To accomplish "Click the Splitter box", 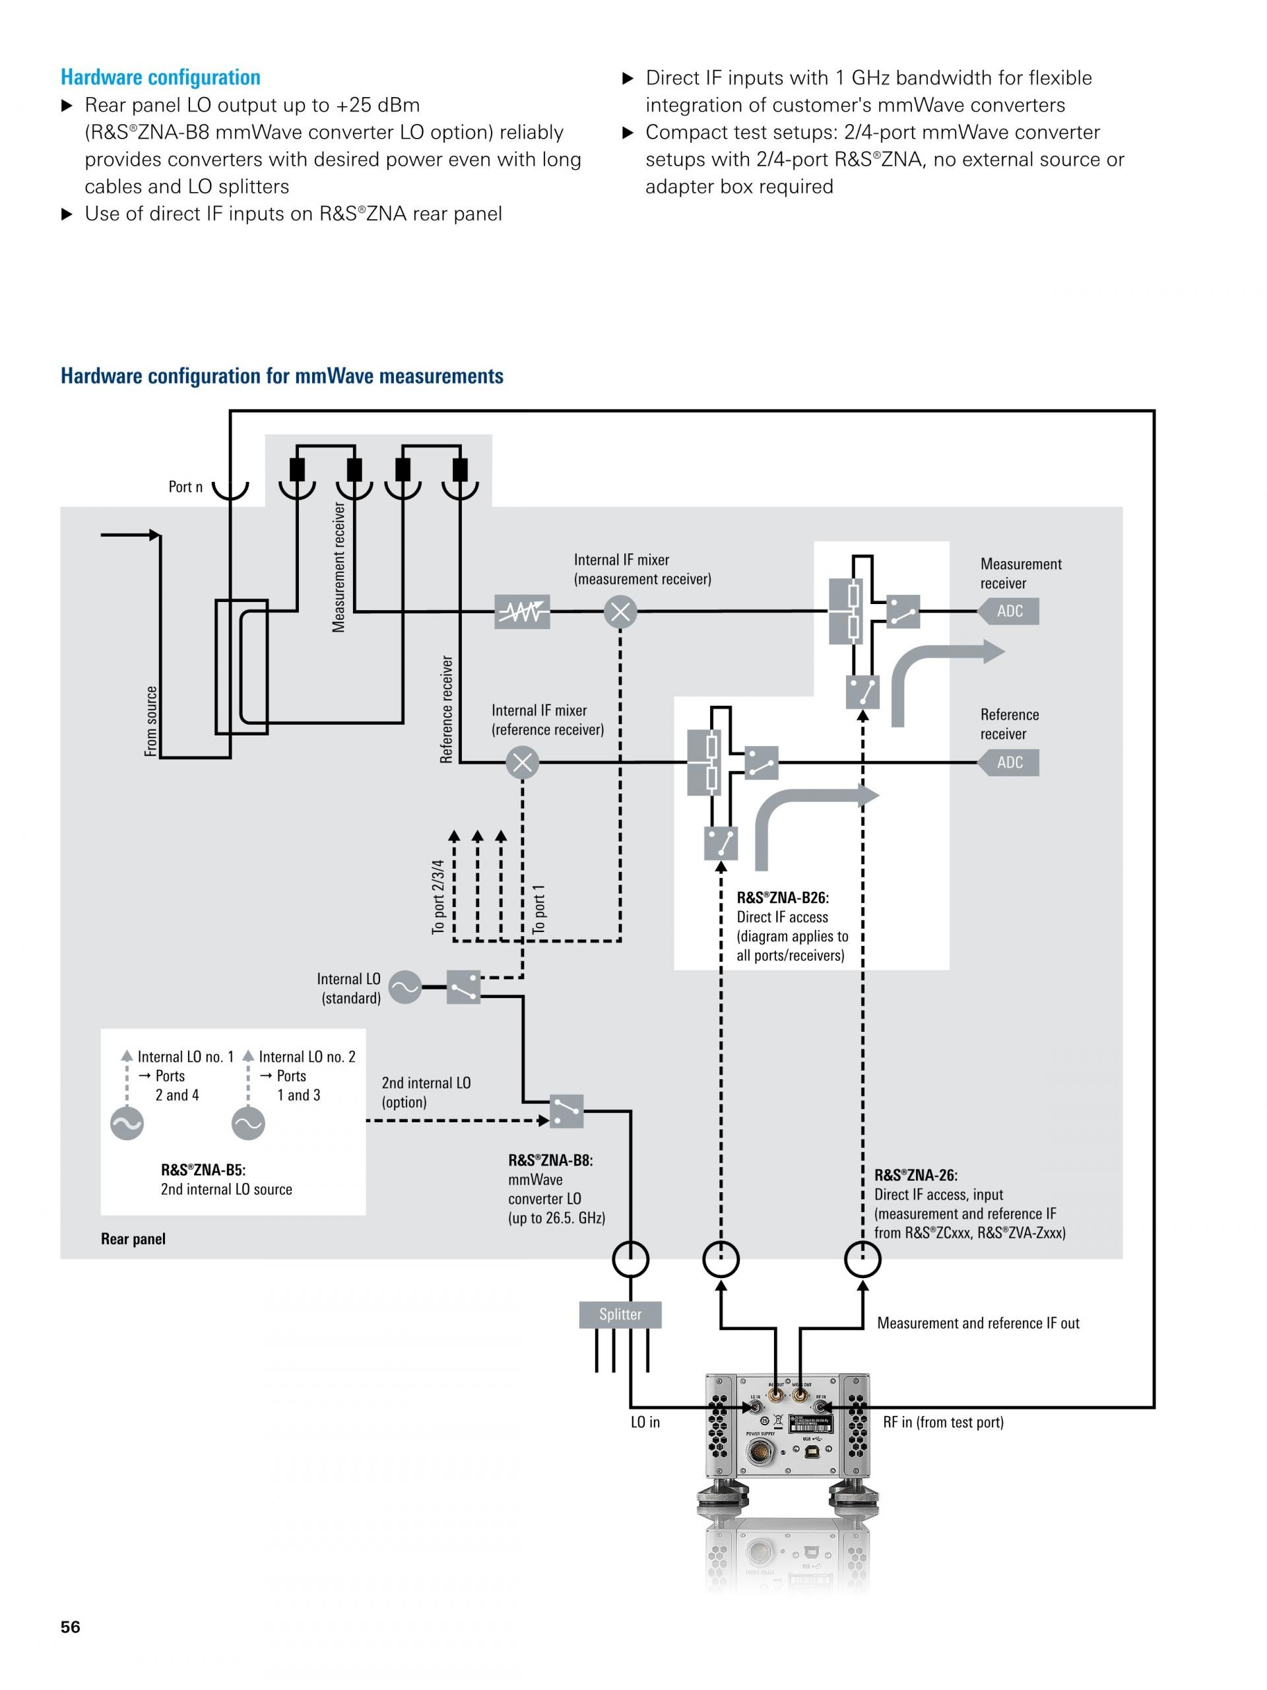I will (x=620, y=1314).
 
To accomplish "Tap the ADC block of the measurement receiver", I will (x=1009, y=611).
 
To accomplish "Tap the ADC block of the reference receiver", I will (x=1009, y=762).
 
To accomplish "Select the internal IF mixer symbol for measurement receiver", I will (x=620, y=612).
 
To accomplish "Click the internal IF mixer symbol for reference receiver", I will (x=523, y=762).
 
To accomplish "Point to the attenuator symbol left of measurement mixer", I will (x=523, y=612).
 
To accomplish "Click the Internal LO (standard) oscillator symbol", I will (x=405, y=987).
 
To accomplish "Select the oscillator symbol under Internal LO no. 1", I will (x=127, y=1124).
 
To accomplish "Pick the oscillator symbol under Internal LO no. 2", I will (x=248, y=1124).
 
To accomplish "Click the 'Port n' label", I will (x=185, y=487).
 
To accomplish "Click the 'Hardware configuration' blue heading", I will (x=160, y=77).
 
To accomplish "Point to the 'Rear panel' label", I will (x=133, y=1238).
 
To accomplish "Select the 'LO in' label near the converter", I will (x=645, y=1422).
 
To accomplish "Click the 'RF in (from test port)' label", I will (x=943, y=1422).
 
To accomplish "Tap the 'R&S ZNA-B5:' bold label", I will (x=203, y=1170).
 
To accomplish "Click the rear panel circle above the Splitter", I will (x=631, y=1259).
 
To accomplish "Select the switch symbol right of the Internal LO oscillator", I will (x=463, y=987).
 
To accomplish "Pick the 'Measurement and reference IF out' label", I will (x=977, y=1323).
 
